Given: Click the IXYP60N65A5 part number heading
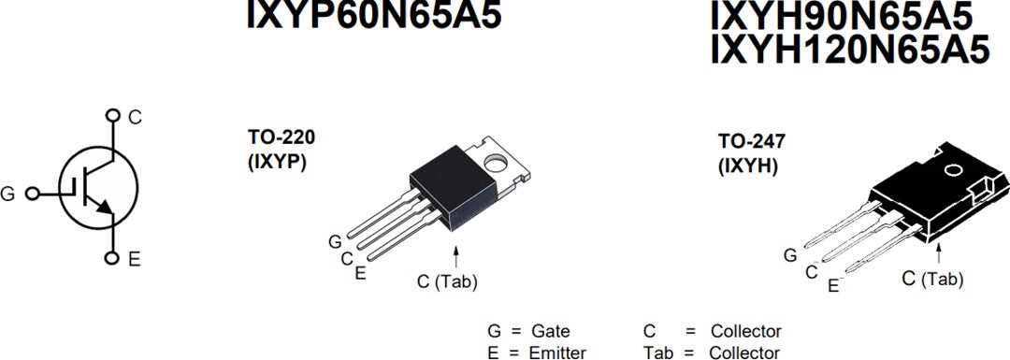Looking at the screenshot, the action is [373, 14].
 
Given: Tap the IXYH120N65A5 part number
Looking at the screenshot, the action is [849, 50].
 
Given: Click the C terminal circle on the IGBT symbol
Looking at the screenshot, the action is [113, 116].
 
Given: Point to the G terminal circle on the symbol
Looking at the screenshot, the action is [32, 194].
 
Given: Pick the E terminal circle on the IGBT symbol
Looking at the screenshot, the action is [113, 258].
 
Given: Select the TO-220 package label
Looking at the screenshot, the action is [281, 137].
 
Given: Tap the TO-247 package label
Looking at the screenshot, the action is [751, 142].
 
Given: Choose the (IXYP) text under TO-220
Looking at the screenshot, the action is [277, 160].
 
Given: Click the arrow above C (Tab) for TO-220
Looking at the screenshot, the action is [456, 255].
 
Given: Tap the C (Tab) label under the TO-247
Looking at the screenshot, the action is [931, 279].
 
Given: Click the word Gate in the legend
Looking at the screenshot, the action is [550, 331].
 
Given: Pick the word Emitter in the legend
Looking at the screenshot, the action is [558, 353].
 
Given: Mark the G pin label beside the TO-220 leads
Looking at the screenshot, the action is [335, 242].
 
